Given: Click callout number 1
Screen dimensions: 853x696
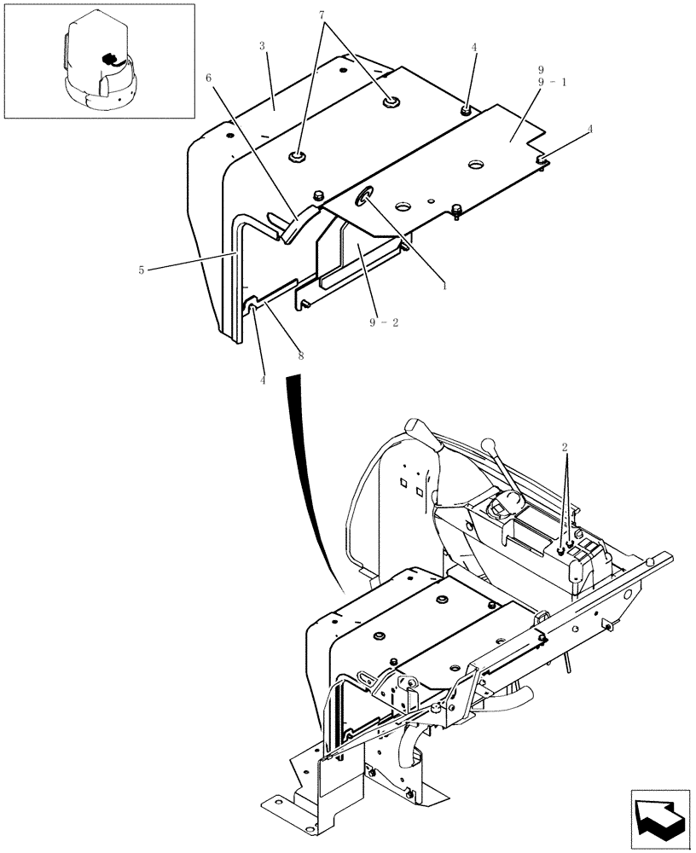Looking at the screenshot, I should (x=444, y=287).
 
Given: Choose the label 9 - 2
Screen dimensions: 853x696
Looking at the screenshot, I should (x=383, y=322).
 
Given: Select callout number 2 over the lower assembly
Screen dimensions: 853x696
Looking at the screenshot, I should (x=565, y=447).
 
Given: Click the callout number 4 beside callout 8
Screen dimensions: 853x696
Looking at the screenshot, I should (x=262, y=380).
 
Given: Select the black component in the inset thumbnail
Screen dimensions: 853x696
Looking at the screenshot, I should (x=108, y=59).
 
